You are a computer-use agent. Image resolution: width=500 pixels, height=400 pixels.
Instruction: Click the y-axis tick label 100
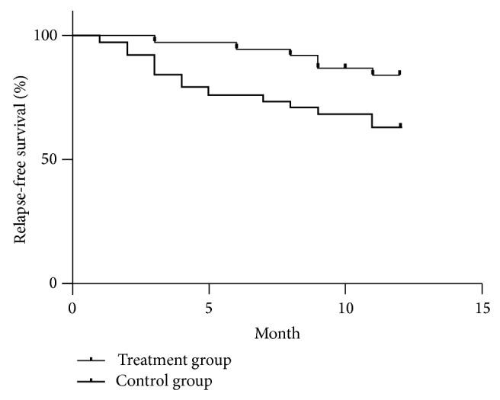[x=46, y=36]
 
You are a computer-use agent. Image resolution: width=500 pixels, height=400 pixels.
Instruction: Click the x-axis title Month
[x=277, y=333]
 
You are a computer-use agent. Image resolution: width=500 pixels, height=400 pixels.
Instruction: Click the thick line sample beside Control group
[x=91, y=380]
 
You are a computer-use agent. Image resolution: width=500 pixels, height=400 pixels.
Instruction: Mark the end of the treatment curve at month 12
[x=399, y=74]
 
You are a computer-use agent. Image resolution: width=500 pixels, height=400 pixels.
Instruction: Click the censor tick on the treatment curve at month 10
[x=345, y=66]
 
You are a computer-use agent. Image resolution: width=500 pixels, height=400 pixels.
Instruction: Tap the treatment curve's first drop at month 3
[x=155, y=39]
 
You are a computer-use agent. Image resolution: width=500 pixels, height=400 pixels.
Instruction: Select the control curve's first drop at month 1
[x=100, y=39]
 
